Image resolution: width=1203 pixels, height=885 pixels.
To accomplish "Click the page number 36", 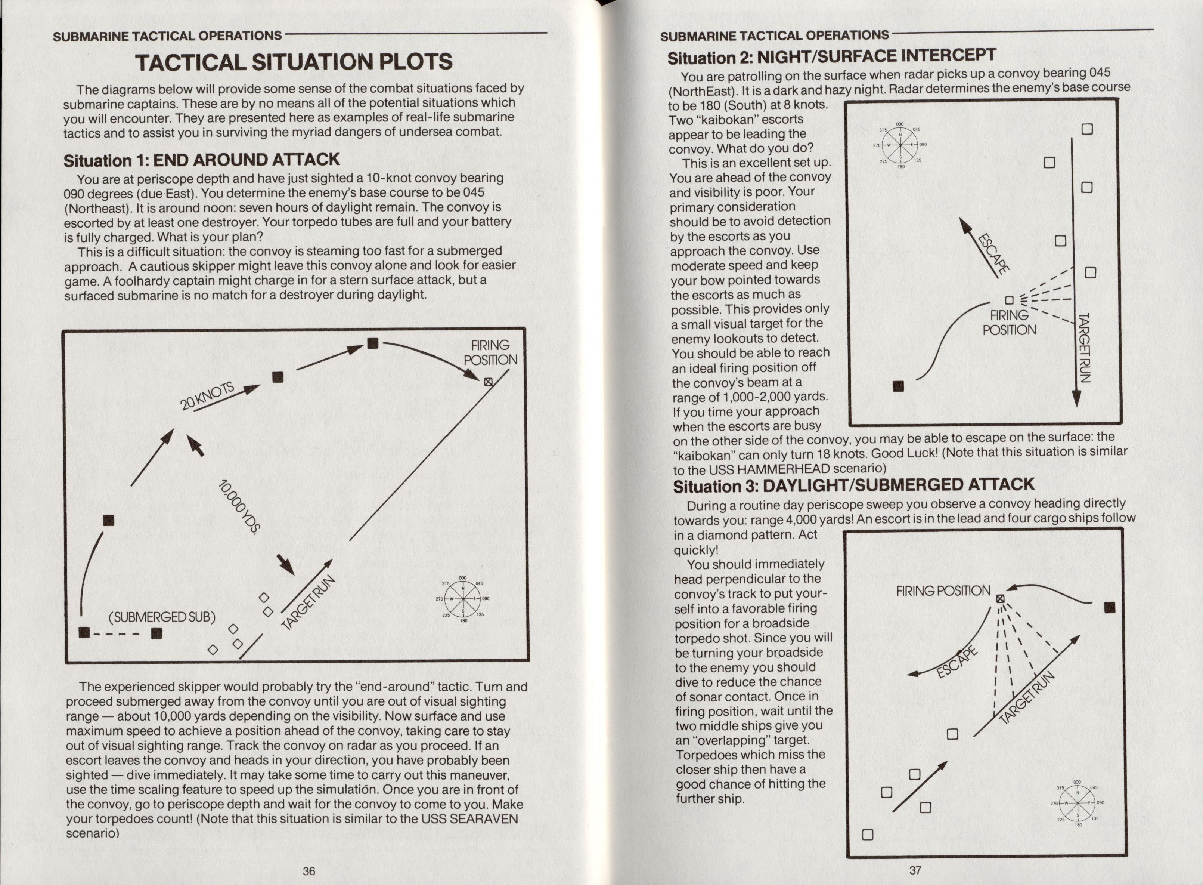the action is click(x=309, y=871).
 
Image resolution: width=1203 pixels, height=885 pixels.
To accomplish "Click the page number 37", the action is click(x=915, y=870).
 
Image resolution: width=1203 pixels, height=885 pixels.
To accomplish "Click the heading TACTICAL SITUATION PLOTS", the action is click(x=294, y=62).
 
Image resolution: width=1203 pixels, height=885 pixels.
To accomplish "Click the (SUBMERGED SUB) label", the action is click(x=162, y=617).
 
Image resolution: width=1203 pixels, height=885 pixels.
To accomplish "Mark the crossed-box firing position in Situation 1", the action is click(x=488, y=382).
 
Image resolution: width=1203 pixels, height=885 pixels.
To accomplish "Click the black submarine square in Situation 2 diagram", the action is click(x=898, y=386).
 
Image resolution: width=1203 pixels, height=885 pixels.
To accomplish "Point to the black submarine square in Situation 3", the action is click(x=1110, y=607).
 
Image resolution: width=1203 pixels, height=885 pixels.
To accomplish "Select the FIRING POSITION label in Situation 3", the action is click(x=943, y=591).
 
